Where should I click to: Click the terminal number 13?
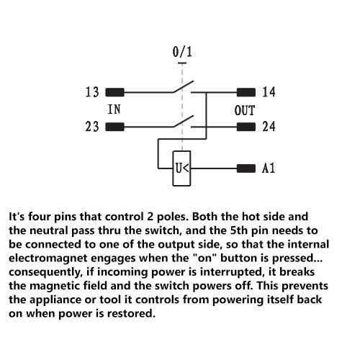click(x=92, y=92)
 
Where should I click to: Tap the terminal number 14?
click(x=269, y=92)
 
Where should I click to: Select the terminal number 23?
click(x=92, y=127)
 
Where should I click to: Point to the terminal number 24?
click(x=269, y=127)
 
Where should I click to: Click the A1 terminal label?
click(x=269, y=168)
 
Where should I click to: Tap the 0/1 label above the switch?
click(x=182, y=52)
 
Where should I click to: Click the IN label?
click(x=114, y=109)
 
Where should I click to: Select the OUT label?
click(x=244, y=110)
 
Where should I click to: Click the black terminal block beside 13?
click(x=115, y=92)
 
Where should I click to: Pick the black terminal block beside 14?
click(x=246, y=92)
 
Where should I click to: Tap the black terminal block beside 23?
click(x=115, y=127)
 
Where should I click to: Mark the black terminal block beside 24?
click(x=246, y=127)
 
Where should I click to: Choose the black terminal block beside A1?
click(x=246, y=168)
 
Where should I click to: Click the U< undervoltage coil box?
click(x=182, y=168)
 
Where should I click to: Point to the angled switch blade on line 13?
click(x=183, y=86)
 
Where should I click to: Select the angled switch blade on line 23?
click(x=183, y=121)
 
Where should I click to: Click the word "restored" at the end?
click(x=130, y=313)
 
